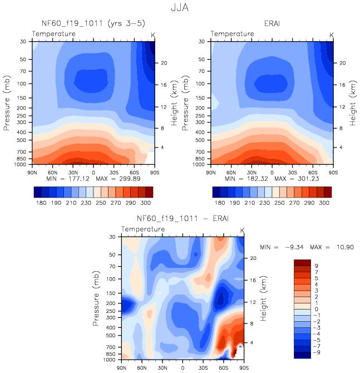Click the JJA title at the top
point(180,7)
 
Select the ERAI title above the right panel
point(272,23)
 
